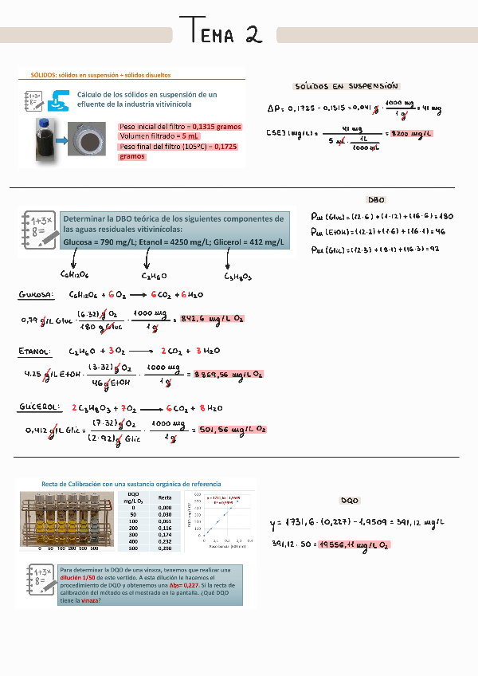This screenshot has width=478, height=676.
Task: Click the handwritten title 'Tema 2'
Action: coord(225,33)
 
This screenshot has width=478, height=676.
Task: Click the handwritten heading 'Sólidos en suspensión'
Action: coord(347,86)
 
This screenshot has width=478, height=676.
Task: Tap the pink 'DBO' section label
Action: coord(376,200)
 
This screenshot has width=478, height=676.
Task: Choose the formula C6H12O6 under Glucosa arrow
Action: coord(73,276)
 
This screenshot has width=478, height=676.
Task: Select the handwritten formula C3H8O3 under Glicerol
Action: coord(237,277)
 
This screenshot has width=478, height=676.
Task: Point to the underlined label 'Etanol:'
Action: coord(35,351)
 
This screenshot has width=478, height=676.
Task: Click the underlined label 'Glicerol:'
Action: coord(39,407)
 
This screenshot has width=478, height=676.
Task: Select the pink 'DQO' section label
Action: coord(350,501)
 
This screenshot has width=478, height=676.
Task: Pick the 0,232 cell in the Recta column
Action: coord(164,541)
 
